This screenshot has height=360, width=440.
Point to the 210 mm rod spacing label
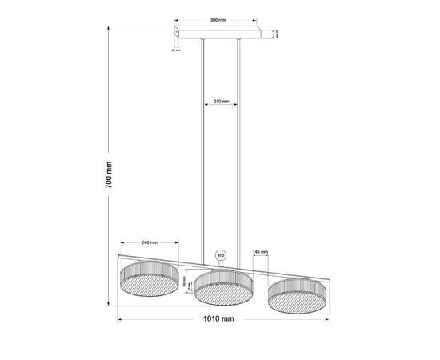coord(222,102)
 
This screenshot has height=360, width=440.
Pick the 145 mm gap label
coord(260,251)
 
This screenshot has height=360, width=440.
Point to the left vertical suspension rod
coord(203,144)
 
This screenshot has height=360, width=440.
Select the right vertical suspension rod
coord(239,144)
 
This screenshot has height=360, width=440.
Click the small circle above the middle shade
coord(221,257)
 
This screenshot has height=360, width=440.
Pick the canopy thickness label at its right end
coord(276,34)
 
